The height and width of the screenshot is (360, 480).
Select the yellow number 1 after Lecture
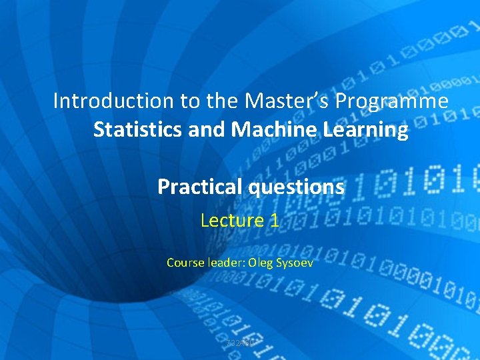[x=274, y=220]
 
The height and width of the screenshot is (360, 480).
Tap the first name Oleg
[x=261, y=263]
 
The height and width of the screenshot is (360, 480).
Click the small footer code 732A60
[x=239, y=343]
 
